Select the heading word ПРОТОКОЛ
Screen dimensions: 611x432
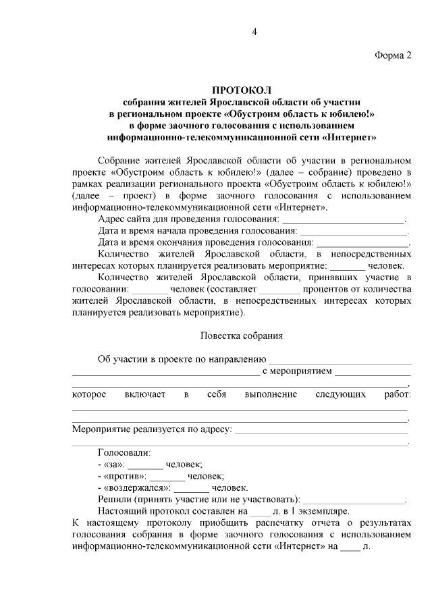click(242, 90)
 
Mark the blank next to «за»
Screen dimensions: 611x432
click(146, 464)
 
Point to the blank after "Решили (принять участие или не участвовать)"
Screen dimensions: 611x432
click(354, 500)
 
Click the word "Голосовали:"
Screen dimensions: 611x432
click(124, 452)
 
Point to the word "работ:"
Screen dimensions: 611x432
click(396, 394)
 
